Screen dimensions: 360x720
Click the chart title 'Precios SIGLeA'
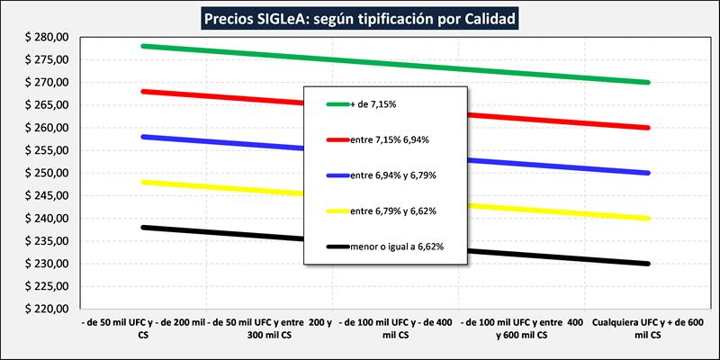tap(360, 17)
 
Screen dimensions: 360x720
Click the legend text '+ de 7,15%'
tap(373, 104)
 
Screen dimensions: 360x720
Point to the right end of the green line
tap(648, 82)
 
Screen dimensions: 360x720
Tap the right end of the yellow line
tap(648, 219)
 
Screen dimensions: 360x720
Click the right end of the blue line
tap(648, 173)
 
